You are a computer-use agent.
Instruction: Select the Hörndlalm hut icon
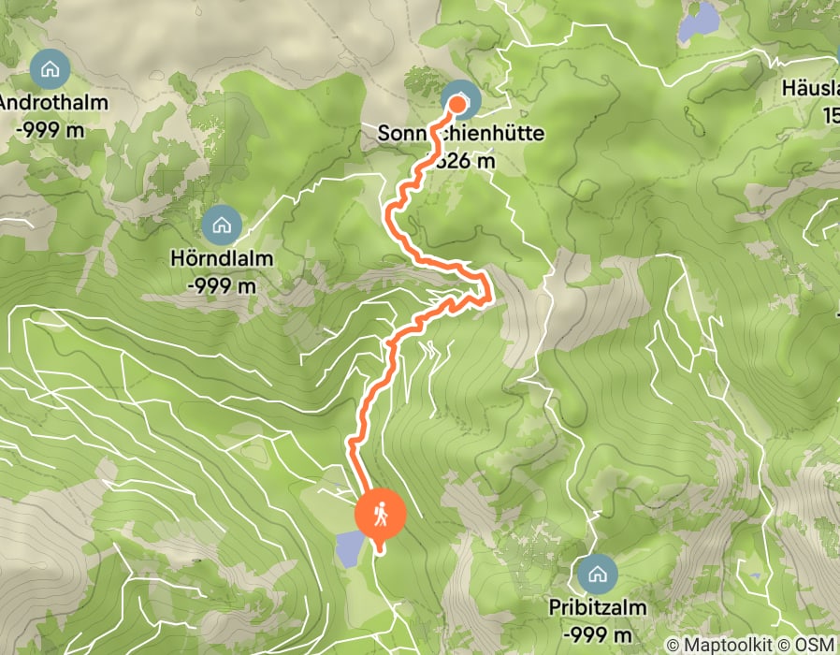[222, 224]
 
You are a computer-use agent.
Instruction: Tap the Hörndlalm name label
[222, 257]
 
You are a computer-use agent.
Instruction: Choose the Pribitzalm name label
[598, 607]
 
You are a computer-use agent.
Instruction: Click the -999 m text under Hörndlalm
[222, 285]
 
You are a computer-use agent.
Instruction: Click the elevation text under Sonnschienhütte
[466, 162]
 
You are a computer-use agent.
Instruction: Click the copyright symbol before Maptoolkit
[673, 646]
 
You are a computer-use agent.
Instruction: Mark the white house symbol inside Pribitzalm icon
[597, 572]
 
